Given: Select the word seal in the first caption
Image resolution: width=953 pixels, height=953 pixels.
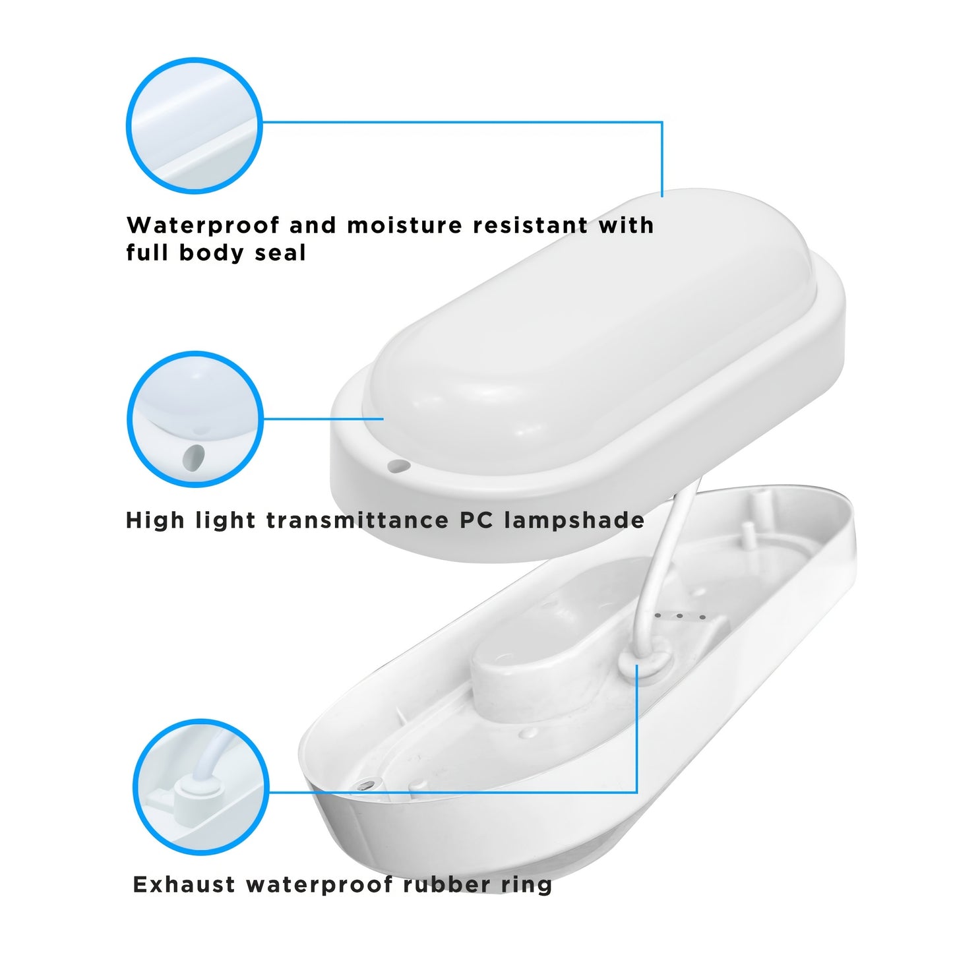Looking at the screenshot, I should click(281, 253).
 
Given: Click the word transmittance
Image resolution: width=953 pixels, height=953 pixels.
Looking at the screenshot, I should click(357, 520).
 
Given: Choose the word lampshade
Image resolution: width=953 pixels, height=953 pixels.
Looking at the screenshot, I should click(574, 520).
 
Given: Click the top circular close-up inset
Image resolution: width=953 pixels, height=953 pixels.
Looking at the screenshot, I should click(194, 125).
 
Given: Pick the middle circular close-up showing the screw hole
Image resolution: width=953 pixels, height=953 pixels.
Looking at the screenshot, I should click(195, 419).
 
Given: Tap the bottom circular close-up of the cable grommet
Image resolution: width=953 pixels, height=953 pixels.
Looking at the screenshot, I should click(200, 787).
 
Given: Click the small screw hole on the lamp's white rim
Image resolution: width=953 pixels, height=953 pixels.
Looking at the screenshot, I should click(398, 466).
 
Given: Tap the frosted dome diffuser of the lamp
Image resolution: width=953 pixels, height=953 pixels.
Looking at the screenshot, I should click(580, 330).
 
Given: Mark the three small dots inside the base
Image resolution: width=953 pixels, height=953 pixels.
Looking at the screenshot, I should click(680, 617).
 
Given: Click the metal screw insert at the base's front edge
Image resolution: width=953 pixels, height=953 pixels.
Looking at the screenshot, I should click(365, 785).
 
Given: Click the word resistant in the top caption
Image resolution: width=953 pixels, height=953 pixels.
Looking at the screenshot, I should click(530, 226).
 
